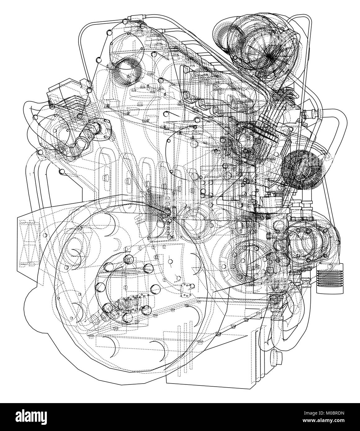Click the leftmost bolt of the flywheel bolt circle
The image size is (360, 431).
[x=100, y=287]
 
